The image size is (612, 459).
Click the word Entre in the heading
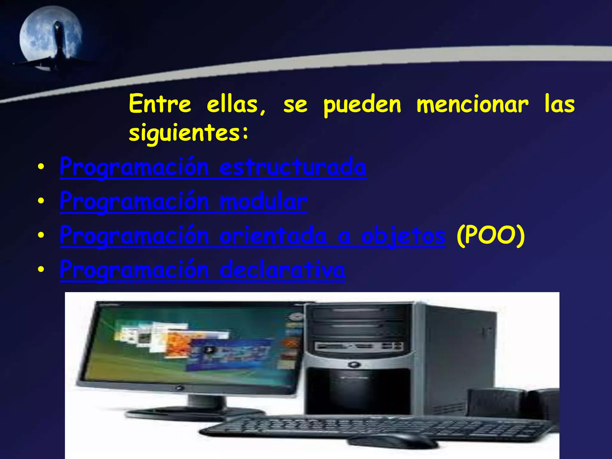tap(160, 104)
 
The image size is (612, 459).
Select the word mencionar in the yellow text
tap(472, 105)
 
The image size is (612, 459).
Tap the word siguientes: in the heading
tap(188, 132)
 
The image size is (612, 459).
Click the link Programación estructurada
tap(213, 167)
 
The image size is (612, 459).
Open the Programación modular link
tap(183, 201)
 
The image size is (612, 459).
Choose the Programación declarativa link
tap(202, 270)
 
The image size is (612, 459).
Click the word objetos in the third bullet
tap(403, 236)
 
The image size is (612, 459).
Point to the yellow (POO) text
tap(490, 236)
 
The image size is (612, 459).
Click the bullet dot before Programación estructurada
tap(41, 167)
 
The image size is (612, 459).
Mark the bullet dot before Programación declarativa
tap(41, 269)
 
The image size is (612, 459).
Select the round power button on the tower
tap(354, 364)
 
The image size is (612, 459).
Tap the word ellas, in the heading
tap(236, 105)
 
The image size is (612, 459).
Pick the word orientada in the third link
tap(273, 236)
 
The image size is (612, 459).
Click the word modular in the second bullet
tap(263, 201)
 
